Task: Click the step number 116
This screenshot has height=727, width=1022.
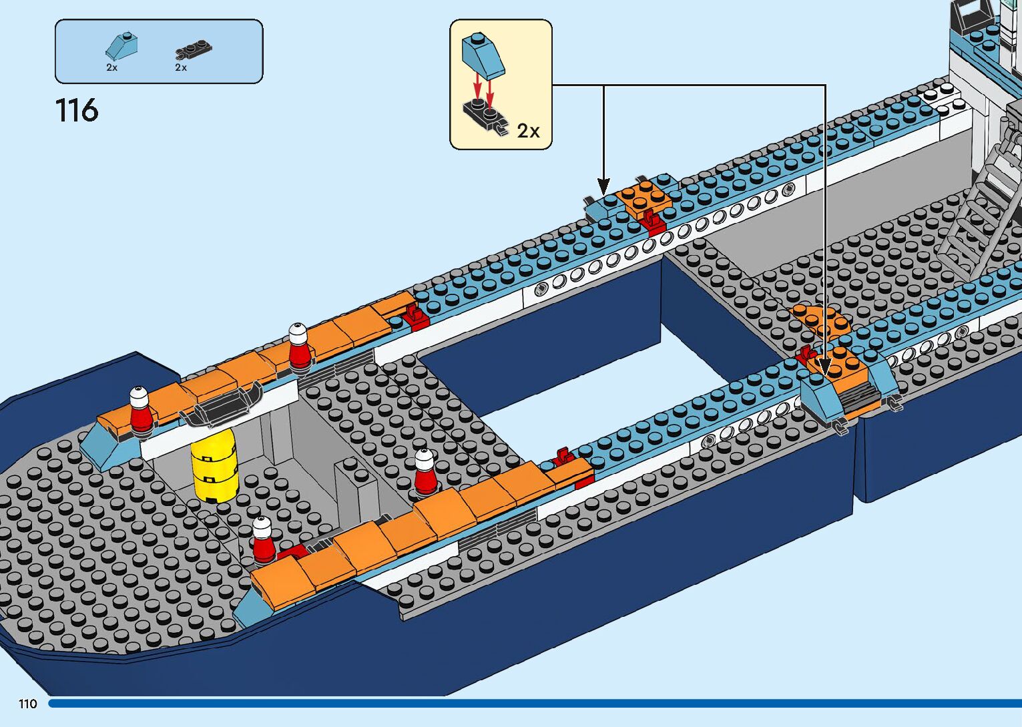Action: (x=77, y=110)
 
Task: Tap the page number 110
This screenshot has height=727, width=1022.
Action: (x=28, y=704)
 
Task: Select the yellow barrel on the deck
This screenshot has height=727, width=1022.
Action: (x=214, y=465)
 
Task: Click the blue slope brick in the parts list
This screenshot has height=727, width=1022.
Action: (x=124, y=45)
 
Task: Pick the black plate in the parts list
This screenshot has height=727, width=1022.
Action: (x=194, y=49)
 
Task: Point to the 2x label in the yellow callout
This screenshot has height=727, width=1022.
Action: (x=529, y=131)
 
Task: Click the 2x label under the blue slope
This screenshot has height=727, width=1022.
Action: (x=111, y=67)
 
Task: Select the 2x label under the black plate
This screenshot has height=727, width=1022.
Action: (x=181, y=67)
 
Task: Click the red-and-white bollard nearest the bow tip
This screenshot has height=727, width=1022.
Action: (x=140, y=409)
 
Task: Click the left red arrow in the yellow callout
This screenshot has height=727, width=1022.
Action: (x=477, y=85)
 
